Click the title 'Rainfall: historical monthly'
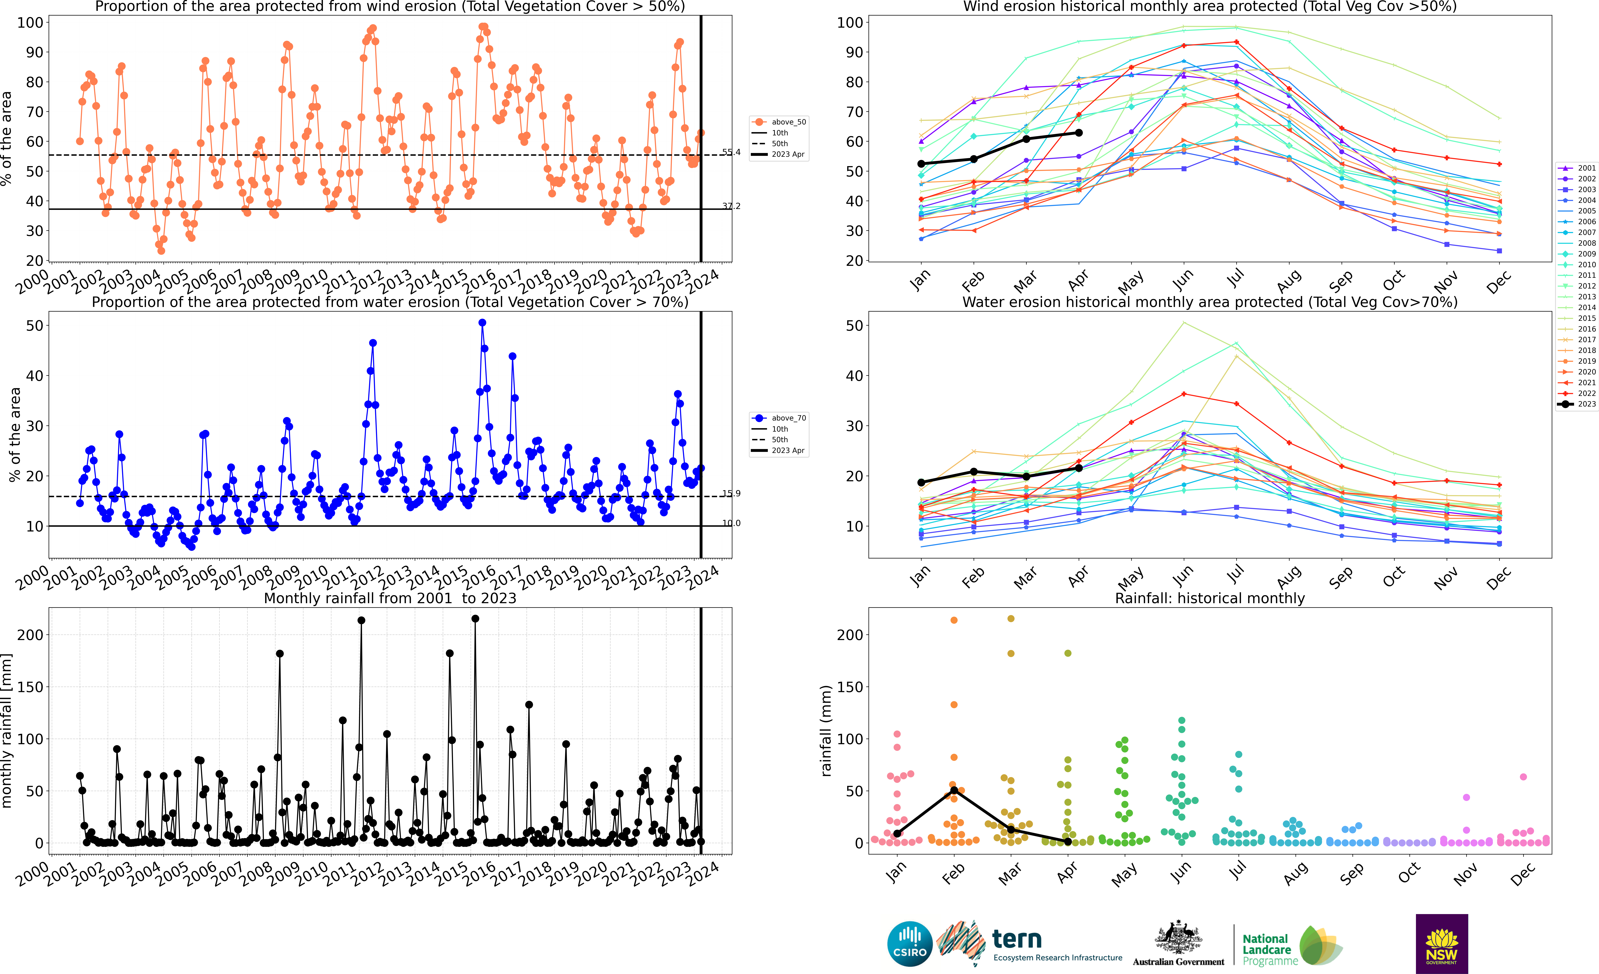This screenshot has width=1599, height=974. (1210, 598)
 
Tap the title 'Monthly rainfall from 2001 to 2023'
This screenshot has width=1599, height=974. (390, 598)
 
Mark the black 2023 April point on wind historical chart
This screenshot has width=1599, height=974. (1079, 133)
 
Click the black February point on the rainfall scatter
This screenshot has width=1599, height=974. (954, 790)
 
